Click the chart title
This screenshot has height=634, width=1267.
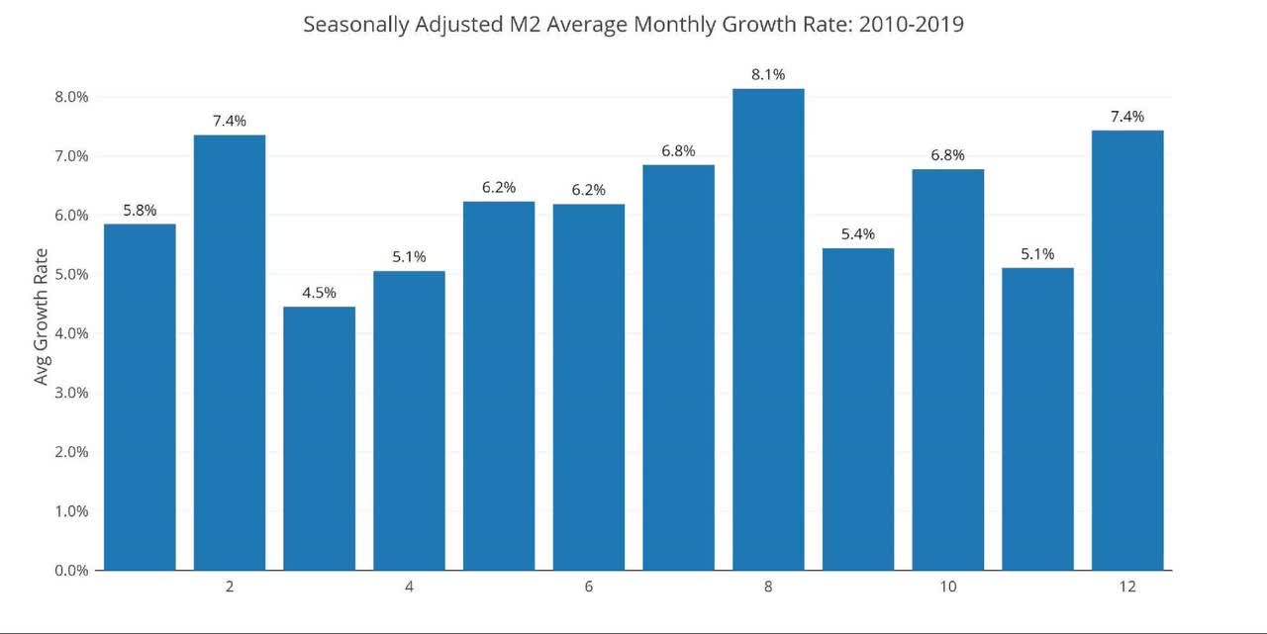(x=633, y=25)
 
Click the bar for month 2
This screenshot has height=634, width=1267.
(x=229, y=352)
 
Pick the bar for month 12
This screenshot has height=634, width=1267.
(x=1127, y=350)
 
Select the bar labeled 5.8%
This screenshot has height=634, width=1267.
(x=140, y=397)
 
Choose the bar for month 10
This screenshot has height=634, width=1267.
(x=947, y=370)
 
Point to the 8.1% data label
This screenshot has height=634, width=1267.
(x=768, y=74)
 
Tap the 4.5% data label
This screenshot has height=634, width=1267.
(x=319, y=293)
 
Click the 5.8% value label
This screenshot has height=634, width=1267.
(x=140, y=210)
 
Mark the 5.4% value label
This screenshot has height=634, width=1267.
(x=858, y=234)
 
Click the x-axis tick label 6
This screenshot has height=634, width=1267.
(x=589, y=588)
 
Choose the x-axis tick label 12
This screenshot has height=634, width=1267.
(x=1127, y=588)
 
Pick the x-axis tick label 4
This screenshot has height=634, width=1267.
(x=409, y=588)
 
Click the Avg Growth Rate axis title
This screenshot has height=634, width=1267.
(x=41, y=332)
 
